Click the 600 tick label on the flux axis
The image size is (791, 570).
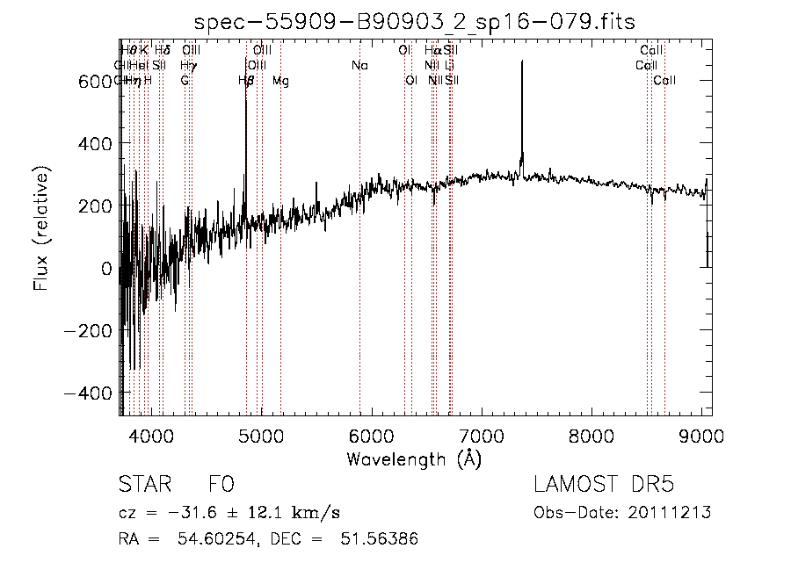[94, 82]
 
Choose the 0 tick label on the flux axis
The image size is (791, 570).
[107, 269]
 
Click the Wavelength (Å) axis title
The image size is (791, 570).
[414, 458]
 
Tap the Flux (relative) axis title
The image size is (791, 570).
[41, 230]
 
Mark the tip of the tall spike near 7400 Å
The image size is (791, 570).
[522, 61]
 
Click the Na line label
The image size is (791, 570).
[359, 66]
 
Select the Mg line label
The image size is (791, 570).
[280, 82]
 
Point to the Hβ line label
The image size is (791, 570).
[246, 82]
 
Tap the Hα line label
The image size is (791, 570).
[432, 51]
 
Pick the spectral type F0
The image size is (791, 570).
[221, 485]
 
